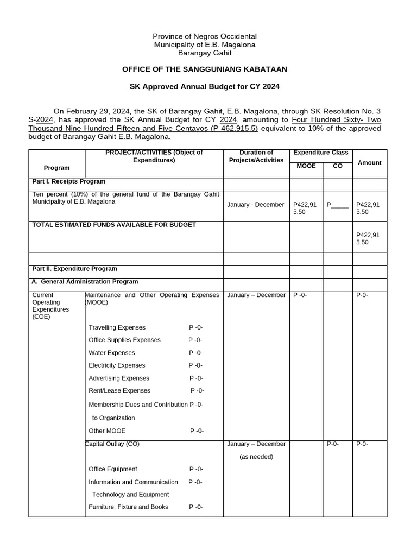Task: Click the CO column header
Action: tap(337, 166)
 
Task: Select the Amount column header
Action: tap(369, 163)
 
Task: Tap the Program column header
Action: tap(57, 168)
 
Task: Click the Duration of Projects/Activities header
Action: tap(256, 156)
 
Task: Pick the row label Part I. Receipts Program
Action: tap(69, 181)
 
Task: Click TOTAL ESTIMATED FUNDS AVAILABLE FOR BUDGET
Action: tap(114, 225)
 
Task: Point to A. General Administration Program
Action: tap(85, 282)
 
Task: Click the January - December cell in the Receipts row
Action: tap(256, 205)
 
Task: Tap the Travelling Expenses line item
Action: tap(117, 327)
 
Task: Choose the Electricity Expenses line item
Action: tap(117, 365)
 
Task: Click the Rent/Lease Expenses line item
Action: tap(119, 390)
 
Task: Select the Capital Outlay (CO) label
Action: tap(112, 444)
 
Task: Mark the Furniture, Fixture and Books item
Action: tap(128, 507)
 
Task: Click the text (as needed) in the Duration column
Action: tap(256, 457)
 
